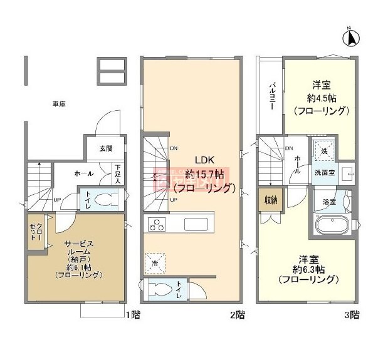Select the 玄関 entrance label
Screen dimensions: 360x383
point(105,148)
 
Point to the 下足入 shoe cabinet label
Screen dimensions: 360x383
point(117,173)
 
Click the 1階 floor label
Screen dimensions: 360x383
point(132,315)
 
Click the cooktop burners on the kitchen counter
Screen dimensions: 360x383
point(155,223)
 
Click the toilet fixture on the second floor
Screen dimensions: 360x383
point(161,290)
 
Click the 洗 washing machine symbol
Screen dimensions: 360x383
point(324,152)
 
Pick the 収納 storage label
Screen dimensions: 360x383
point(270,201)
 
